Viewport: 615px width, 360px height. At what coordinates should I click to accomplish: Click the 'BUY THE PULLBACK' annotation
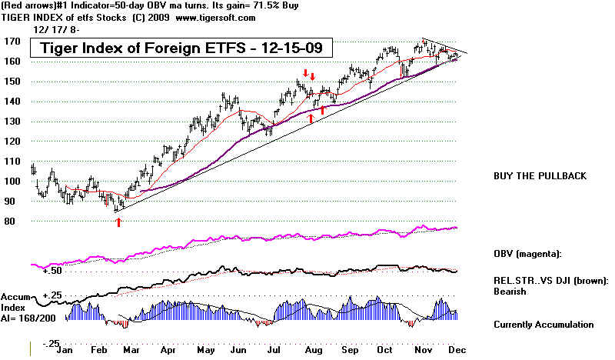click(540, 176)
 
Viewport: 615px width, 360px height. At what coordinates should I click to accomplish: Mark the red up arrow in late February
click(118, 222)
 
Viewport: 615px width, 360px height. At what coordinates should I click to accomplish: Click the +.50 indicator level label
click(52, 272)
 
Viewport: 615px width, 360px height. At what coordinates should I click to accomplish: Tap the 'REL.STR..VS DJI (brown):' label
click(552, 280)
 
